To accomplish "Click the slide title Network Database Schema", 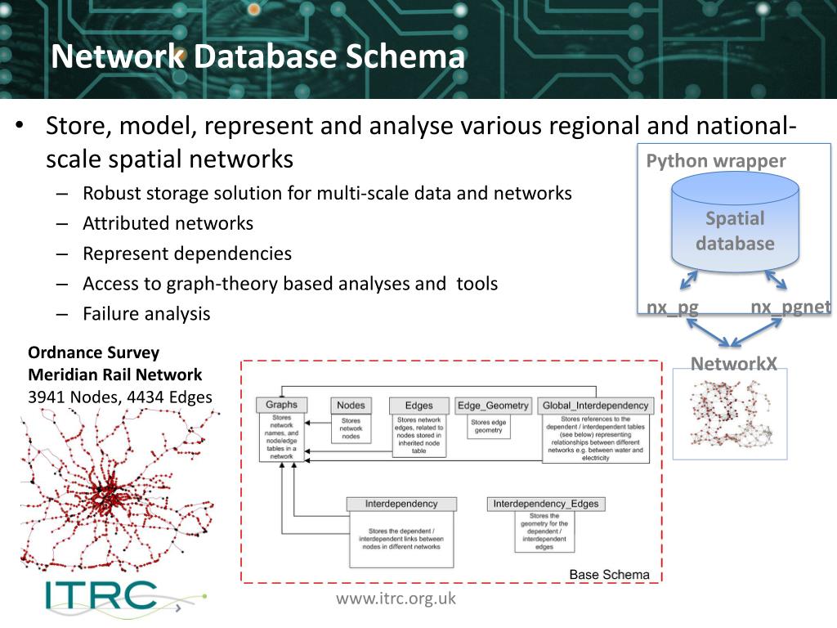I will pyautogui.click(x=257, y=57).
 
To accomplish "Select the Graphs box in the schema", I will pyautogui.click(x=282, y=405).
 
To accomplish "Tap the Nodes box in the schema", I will pyautogui.click(x=351, y=405).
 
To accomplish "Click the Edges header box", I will pyautogui.click(x=418, y=405).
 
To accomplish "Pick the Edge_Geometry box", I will pyautogui.click(x=493, y=405).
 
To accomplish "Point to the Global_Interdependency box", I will pyautogui.click(x=596, y=405).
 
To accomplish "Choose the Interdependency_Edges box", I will pyautogui.click(x=545, y=504).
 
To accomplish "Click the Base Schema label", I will pyautogui.click(x=609, y=574).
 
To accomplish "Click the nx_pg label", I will pyautogui.click(x=673, y=307).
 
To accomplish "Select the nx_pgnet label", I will pyautogui.click(x=790, y=307).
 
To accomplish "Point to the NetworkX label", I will pyautogui.click(x=734, y=364).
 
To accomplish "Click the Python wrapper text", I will pyautogui.click(x=716, y=161).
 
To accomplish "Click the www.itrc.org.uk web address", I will pyautogui.click(x=396, y=599).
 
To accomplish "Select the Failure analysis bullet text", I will pyautogui.click(x=146, y=313).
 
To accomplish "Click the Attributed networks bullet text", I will pyautogui.click(x=168, y=223).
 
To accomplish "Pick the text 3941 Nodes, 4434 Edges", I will pyautogui.click(x=120, y=397).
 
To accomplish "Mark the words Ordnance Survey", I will pyautogui.click(x=93, y=353).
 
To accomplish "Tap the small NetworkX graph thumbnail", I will pyautogui.click(x=730, y=413).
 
